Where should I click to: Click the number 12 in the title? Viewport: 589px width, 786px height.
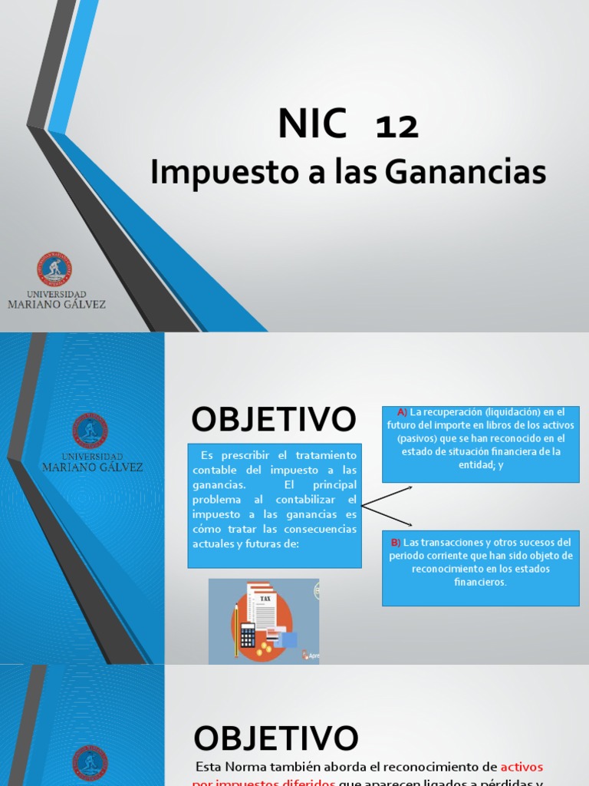[x=397, y=127]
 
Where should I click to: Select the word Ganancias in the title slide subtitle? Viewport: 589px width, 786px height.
[x=466, y=173]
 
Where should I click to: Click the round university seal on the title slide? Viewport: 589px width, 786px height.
[x=55, y=269]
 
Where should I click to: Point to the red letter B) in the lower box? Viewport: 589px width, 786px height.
[x=395, y=543]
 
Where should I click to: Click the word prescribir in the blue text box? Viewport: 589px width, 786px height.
[x=241, y=456]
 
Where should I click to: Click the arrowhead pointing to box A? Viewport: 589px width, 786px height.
[x=410, y=487]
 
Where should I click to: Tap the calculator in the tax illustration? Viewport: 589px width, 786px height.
[x=248, y=634]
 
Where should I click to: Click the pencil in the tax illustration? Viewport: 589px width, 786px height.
[x=235, y=629]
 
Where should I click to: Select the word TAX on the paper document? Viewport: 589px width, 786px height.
[x=265, y=598]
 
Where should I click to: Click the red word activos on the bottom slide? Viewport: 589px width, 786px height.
[x=522, y=767]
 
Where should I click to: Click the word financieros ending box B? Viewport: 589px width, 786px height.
[x=480, y=582]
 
